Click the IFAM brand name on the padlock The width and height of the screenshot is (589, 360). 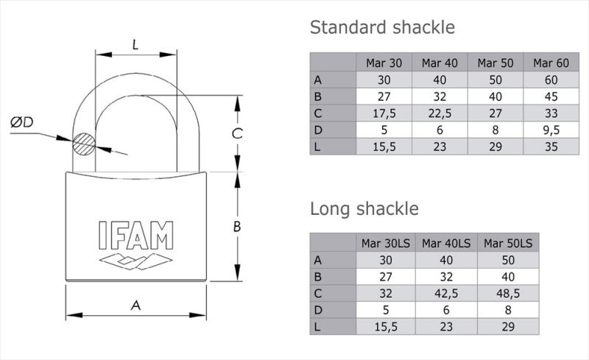tap(136, 236)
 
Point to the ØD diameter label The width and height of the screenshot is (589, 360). tap(21, 123)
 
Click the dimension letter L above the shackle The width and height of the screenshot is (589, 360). tap(135, 44)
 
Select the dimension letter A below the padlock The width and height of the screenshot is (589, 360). tap(135, 305)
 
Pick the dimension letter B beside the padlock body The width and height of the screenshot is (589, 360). tap(237, 227)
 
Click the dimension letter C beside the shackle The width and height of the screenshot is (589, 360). tap(236, 133)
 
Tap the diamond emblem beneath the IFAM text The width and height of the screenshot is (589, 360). tap(136, 261)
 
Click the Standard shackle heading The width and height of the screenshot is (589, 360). tap(382, 28)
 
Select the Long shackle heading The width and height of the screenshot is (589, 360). tap(364, 208)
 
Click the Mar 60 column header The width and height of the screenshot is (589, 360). tap(551, 63)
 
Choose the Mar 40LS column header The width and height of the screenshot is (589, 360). tap(445, 243)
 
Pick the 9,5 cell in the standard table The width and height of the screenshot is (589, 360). tap(551, 130)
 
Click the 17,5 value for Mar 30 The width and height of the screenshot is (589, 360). tap(384, 113)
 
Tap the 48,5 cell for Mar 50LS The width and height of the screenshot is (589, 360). tap(508, 292)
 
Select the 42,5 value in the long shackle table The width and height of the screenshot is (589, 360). tap(445, 292)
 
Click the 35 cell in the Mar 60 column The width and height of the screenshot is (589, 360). tap(551, 147)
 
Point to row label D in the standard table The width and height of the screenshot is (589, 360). tap(318, 130)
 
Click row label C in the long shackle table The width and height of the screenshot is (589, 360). tap(318, 292)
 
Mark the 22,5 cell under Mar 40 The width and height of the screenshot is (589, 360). tap(440, 113)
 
